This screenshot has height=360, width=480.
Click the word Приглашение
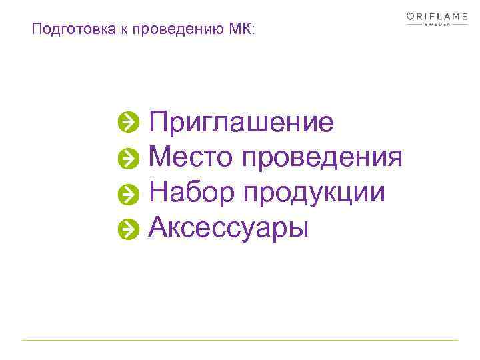click(241, 123)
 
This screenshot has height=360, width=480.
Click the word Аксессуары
click(229, 228)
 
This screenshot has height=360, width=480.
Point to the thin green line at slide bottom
click(240, 341)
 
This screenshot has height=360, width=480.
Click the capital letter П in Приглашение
click(159, 123)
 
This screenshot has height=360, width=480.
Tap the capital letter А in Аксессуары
click(159, 227)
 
